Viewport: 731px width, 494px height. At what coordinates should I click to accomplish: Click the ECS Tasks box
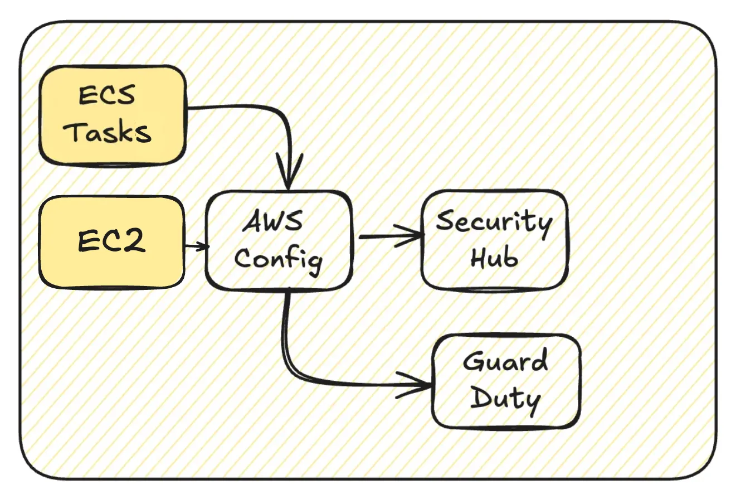pyautogui.click(x=111, y=115)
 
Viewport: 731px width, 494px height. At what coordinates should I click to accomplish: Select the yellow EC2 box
pyautogui.click(x=111, y=241)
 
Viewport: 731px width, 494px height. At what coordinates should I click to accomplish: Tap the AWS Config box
pyautogui.click(x=279, y=240)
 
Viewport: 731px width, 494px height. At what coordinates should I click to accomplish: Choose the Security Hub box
pyautogui.click(x=494, y=240)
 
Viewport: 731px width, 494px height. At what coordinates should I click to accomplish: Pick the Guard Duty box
pyautogui.click(x=506, y=381)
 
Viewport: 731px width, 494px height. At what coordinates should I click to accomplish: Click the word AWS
pyautogui.click(x=273, y=222)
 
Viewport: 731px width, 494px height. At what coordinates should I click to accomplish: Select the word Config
pyautogui.click(x=279, y=259)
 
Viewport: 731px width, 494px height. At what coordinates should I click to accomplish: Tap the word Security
pyautogui.click(x=494, y=222)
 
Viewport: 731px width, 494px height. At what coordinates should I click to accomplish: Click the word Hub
pyautogui.click(x=495, y=258)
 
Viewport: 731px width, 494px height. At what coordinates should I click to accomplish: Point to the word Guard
pyautogui.click(x=506, y=362)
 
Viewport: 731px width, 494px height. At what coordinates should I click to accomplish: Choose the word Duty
pyautogui.click(x=506, y=400)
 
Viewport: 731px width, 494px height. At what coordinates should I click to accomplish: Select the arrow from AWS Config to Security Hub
pyautogui.click(x=390, y=236)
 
